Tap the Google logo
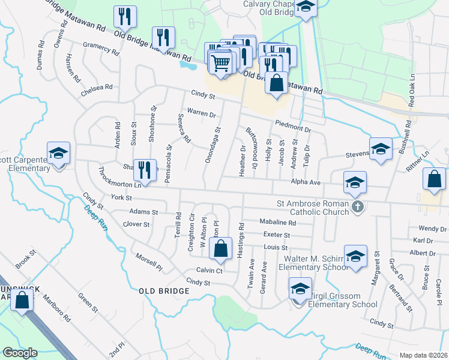20,353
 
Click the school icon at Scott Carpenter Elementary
58,154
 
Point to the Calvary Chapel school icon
306,8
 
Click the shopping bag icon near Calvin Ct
221,248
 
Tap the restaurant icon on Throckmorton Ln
143,170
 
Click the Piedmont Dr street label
293,126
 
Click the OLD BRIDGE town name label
164,291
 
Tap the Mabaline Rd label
278,221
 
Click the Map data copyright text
423,355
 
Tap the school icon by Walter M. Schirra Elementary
355,256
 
